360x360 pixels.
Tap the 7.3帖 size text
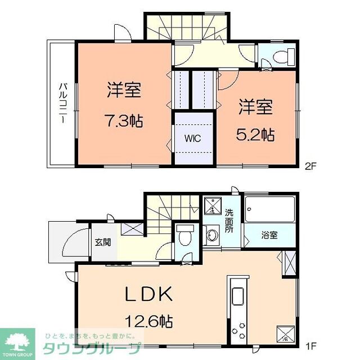123,120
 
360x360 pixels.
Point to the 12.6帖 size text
148,322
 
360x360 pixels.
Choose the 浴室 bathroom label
269,235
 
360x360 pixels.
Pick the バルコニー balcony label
63,104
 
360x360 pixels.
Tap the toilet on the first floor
184,237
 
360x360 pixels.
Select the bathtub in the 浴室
271,211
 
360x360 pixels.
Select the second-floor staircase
187,26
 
